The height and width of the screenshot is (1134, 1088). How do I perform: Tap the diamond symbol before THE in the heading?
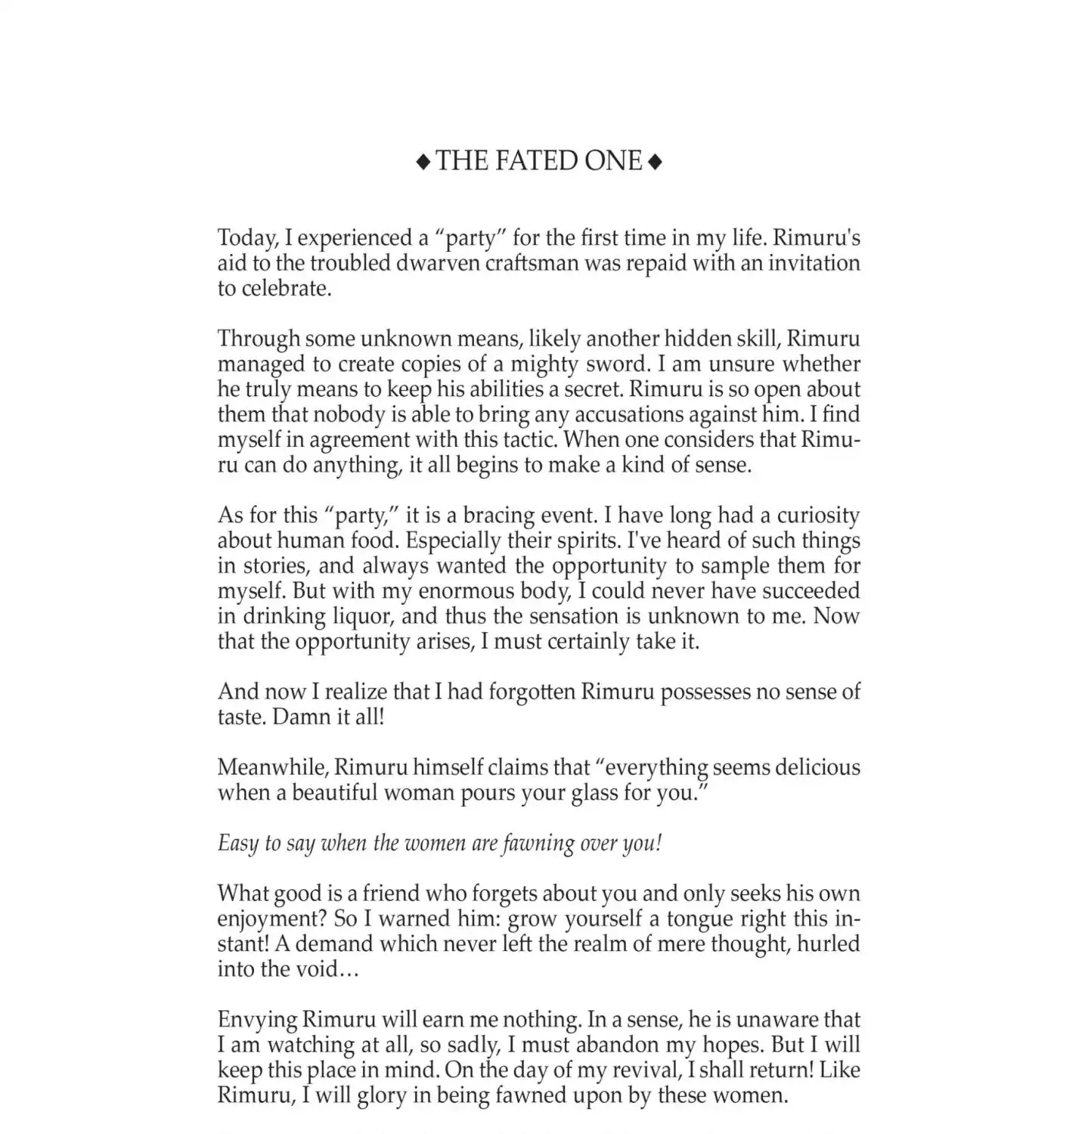point(423,161)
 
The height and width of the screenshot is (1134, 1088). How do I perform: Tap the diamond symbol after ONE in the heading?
point(656,161)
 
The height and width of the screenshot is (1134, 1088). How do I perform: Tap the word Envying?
point(256,1020)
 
